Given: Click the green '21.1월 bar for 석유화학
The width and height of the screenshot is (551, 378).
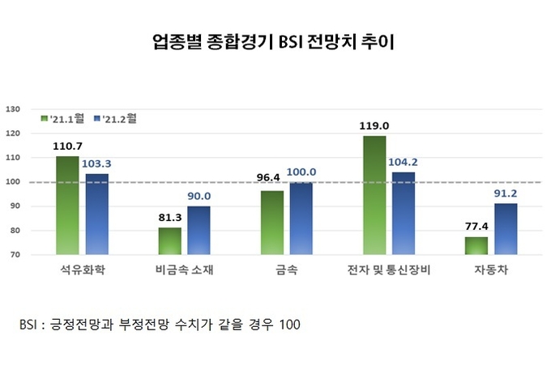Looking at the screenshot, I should [x=67, y=205].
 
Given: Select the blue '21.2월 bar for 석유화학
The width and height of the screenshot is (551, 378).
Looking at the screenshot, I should [x=96, y=214].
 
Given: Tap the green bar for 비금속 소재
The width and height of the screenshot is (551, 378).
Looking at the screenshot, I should [x=169, y=240].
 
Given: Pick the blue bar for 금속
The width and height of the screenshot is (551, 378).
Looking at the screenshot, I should [x=301, y=218].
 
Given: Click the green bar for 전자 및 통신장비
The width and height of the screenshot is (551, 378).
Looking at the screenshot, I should [x=374, y=195].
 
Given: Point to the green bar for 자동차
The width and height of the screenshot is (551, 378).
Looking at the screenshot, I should [x=476, y=245].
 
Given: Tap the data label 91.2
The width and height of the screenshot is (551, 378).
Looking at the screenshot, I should [x=506, y=193].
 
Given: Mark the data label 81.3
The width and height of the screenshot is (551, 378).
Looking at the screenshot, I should [x=170, y=218].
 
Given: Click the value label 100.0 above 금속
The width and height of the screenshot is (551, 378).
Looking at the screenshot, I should [x=301, y=172].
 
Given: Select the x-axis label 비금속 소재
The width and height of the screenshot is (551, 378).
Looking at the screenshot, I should [x=184, y=270].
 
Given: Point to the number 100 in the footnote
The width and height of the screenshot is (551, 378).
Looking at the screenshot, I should [x=288, y=325].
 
